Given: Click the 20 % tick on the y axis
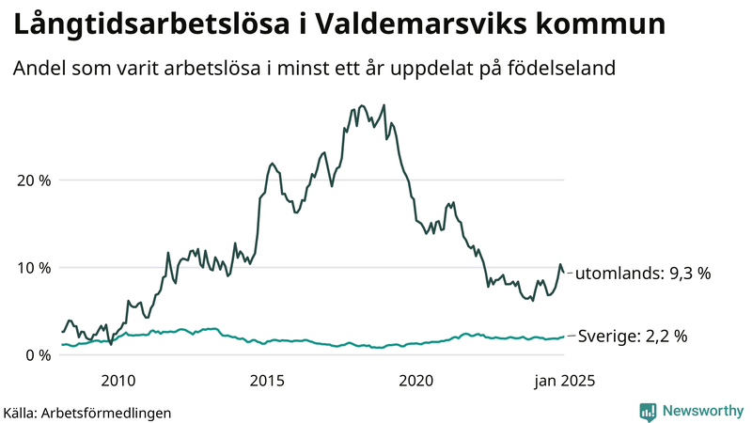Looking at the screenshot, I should (32, 180).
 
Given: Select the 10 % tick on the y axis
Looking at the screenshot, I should (32, 268).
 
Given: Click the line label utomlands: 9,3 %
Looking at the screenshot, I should (642, 274).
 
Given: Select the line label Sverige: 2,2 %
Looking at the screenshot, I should (634, 336).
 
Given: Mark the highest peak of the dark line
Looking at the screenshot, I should (384, 105).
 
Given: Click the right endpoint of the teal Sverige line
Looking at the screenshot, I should (564, 336).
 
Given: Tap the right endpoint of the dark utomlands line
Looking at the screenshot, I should (564, 273).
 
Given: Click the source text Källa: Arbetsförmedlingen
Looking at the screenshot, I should (87, 412).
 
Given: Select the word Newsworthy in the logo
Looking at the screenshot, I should (702, 411).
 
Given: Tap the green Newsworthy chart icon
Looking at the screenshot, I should (648, 411).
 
